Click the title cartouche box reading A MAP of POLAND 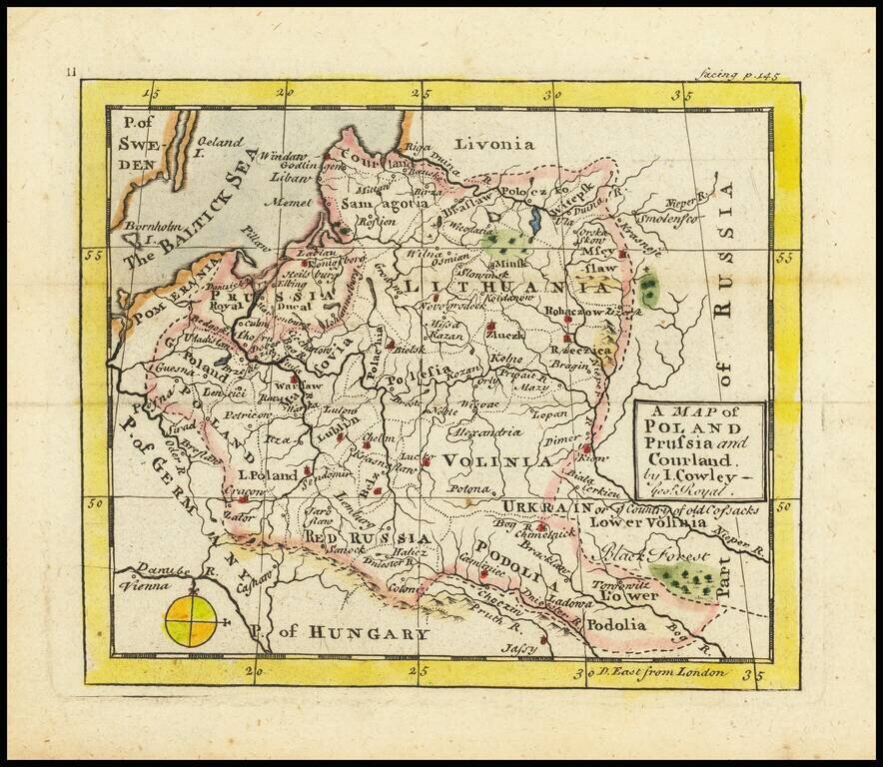699,450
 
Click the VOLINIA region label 496,461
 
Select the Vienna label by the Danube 145,587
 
